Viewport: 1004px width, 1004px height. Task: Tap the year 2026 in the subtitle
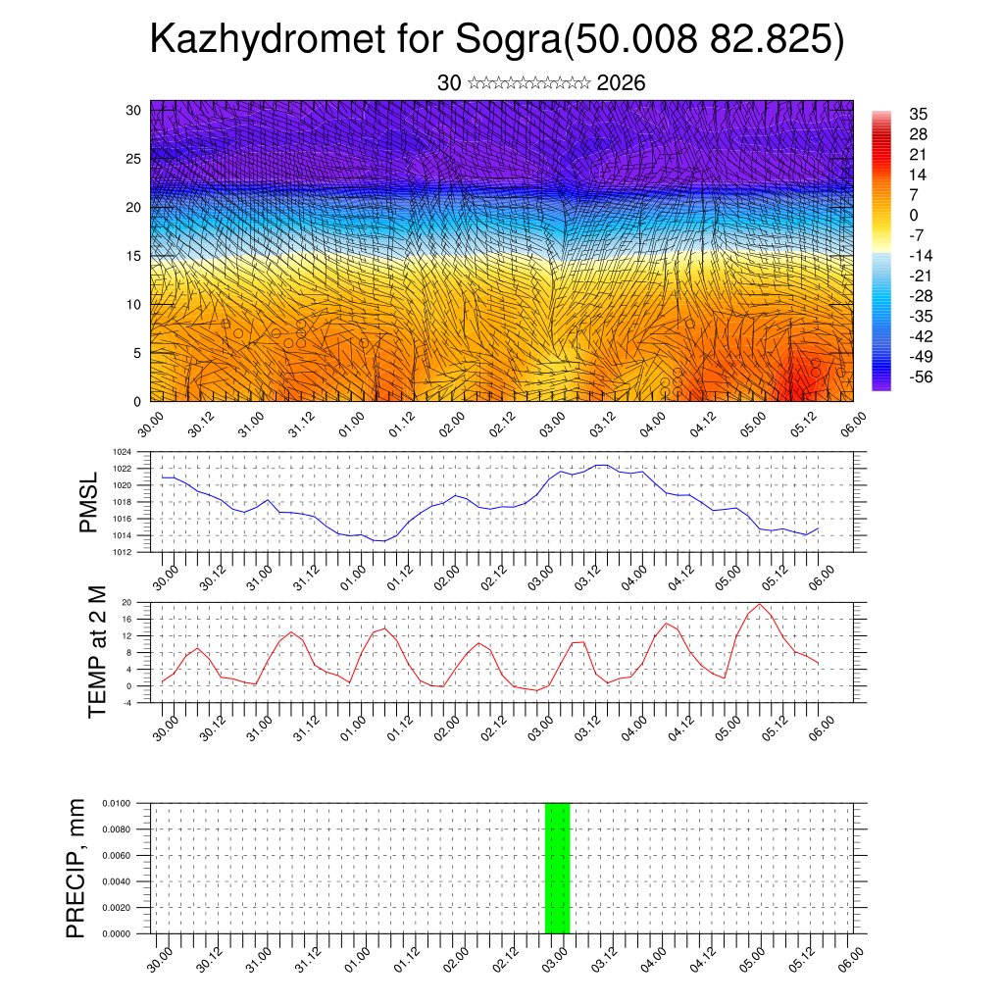[621, 83]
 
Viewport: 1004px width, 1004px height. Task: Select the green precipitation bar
[557, 868]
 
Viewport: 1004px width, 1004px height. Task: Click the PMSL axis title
[89, 502]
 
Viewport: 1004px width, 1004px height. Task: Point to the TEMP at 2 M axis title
[97, 651]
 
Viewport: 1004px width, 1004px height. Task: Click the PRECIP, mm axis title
[75, 868]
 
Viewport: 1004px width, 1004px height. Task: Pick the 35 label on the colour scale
[919, 115]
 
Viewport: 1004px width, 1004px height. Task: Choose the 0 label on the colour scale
[914, 215]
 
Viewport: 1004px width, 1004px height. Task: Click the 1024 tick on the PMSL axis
[123, 452]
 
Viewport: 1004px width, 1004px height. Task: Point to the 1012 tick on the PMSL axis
[123, 552]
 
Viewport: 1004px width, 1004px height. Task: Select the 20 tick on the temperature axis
[126, 602]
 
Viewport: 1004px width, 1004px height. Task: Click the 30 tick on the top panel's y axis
[132, 109]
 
